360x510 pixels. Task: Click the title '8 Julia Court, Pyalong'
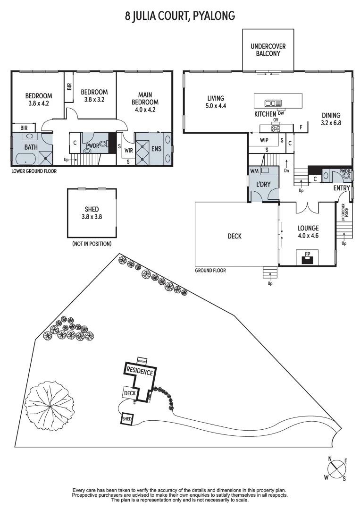[180, 16]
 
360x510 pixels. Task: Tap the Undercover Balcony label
[268, 50]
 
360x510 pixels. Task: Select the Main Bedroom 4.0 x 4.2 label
[145, 102]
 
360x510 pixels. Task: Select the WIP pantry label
[265, 140]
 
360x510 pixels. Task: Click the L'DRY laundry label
[263, 184]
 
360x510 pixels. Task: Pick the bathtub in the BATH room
[24, 158]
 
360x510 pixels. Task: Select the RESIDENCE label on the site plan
[140, 372]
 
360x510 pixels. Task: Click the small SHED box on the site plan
[127, 419]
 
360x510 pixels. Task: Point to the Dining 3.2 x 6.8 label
[331, 119]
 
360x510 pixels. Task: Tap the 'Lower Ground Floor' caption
[34, 171]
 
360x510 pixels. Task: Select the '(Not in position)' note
[92, 244]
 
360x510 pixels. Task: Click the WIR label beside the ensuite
[128, 151]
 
